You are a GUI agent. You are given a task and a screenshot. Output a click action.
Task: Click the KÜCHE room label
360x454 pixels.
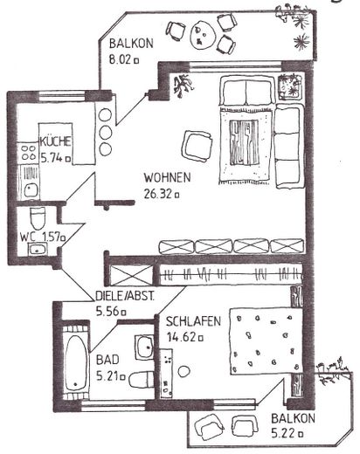[x=55, y=142]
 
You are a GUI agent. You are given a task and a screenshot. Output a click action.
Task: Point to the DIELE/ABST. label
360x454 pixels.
[x=125, y=296]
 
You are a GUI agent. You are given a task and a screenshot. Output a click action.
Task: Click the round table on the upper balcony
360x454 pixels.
[x=204, y=34]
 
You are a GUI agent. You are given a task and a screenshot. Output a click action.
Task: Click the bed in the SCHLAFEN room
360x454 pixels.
[x=262, y=345]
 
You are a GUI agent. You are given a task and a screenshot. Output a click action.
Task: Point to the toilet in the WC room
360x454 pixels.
[x=38, y=217]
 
